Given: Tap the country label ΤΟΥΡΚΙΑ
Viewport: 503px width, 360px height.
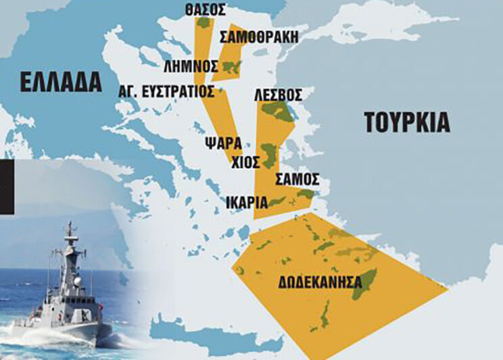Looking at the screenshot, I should [406, 123].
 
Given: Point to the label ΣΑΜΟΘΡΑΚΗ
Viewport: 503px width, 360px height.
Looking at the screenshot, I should [260, 37].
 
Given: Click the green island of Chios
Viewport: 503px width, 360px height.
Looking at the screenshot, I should [268, 156].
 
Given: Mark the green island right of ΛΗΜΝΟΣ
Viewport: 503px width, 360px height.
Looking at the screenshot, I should [231, 66].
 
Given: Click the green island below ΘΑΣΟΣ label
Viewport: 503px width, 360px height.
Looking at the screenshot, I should [203, 22].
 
